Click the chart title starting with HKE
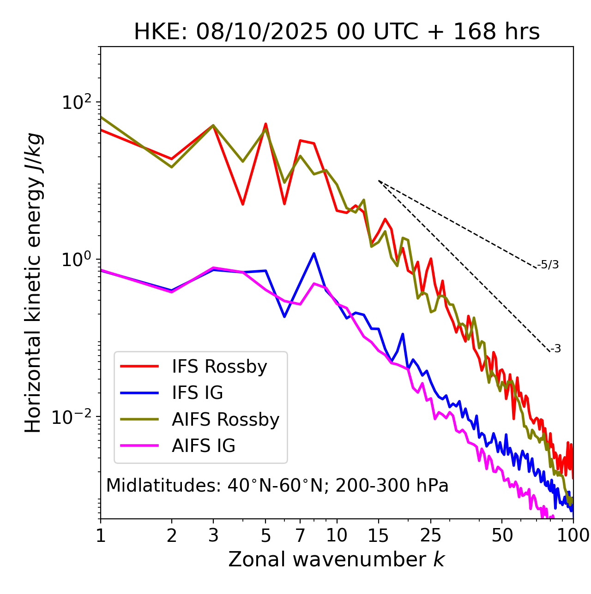pos(337,32)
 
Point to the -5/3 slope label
pos(548,265)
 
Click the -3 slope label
pos(555,349)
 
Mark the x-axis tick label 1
pos(101,535)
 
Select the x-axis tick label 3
pos(213,535)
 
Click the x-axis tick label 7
pos(300,535)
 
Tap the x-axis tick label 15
pos(379,535)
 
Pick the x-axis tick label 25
pos(431,535)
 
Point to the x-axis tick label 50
pos(502,535)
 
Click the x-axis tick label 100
pos(573,535)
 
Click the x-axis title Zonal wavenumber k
pos(337,559)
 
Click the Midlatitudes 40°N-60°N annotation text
pos(277,486)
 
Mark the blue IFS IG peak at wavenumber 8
pos(314,253)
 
